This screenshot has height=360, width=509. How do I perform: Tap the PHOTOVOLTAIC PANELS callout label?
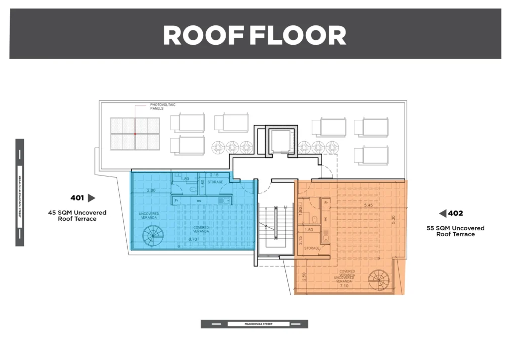click(x=163, y=106)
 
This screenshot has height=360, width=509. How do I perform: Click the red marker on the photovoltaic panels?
click(x=135, y=133)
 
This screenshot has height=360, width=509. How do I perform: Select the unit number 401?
click(x=77, y=198)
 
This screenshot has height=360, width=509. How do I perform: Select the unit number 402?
click(x=455, y=213)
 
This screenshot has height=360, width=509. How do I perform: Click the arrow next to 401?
click(x=91, y=198)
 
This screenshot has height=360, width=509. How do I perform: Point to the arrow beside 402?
click(x=442, y=213)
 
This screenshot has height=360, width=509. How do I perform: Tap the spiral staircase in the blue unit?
click(x=152, y=235)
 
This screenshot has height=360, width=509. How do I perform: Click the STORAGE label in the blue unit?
click(x=216, y=182)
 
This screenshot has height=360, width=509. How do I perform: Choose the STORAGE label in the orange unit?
click(x=312, y=248)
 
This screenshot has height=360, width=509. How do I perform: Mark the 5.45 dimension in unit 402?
click(x=368, y=205)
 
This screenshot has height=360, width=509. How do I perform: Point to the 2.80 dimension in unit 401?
click(x=152, y=190)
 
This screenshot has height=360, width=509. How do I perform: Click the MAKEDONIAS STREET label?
click(x=258, y=324)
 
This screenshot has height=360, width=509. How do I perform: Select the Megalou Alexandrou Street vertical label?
click(x=19, y=192)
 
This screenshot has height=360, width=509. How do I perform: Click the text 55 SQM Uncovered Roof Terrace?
click(x=455, y=231)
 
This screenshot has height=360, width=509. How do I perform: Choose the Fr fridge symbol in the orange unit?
click(x=327, y=203)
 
